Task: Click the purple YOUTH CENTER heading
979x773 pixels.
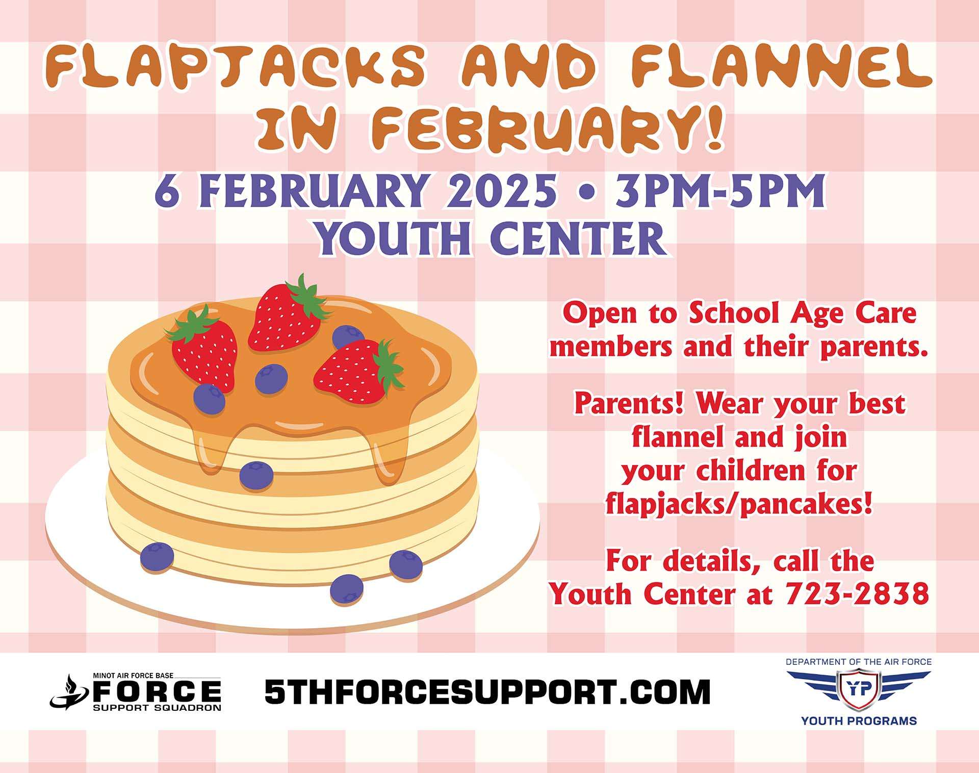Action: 492,238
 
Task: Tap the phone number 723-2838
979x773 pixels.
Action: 857,594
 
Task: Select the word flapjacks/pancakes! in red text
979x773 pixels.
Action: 739,504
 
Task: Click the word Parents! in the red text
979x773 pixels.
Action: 632,404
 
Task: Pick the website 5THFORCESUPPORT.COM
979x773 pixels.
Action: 487,691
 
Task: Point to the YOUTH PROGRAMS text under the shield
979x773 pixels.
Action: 859,721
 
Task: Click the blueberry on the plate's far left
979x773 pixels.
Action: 157,556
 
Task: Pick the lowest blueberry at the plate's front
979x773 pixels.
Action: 347,589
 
